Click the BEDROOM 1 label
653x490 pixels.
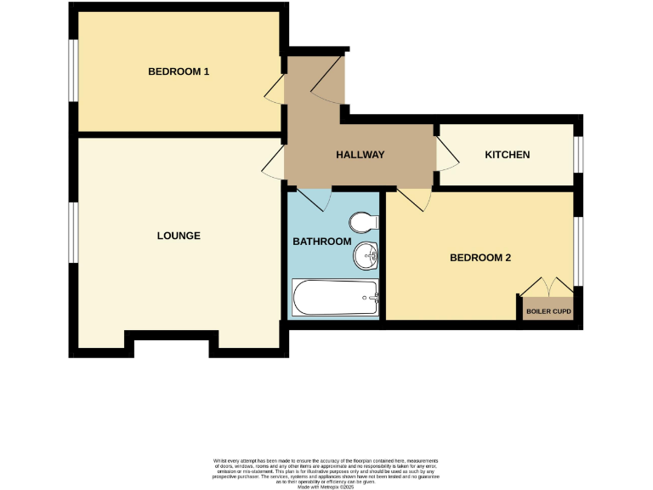[x=179, y=72]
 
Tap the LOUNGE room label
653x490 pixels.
[x=179, y=236]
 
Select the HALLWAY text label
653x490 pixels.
[x=361, y=155]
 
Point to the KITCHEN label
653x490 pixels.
[x=508, y=155]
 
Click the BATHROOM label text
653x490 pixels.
[x=322, y=242]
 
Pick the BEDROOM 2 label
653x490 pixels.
[x=480, y=257]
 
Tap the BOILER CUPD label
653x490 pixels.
[x=548, y=312]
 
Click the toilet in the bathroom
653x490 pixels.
[x=364, y=223]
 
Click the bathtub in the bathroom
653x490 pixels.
[x=335, y=298]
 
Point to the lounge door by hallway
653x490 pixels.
[x=273, y=162]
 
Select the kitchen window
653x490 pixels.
[x=577, y=155]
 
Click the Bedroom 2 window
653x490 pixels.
[x=577, y=251]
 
